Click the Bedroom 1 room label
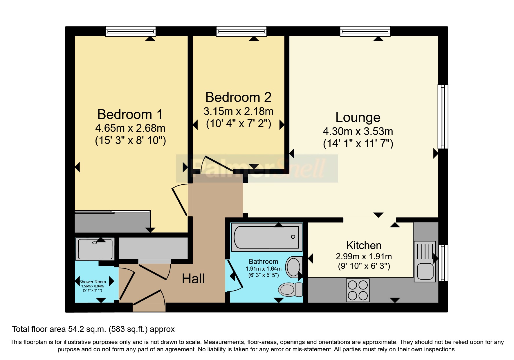tap(130, 114)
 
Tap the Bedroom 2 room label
tap(238, 97)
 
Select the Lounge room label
tap(358, 117)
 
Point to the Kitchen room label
tap(364, 245)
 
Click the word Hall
tap(193, 279)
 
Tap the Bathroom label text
tap(264, 262)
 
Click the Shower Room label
tap(93, 282)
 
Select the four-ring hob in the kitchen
tap(358, 290)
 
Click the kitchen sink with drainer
tap(425, 261)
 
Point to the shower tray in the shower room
tap(95, 249)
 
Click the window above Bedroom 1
tap(131, 31)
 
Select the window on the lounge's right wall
tap(443, 116)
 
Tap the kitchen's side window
tap(443, 263)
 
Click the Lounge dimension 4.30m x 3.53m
tap(358, 132)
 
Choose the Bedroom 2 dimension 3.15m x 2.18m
tap(238, 111)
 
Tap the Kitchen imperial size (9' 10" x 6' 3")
tap(364, 266)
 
